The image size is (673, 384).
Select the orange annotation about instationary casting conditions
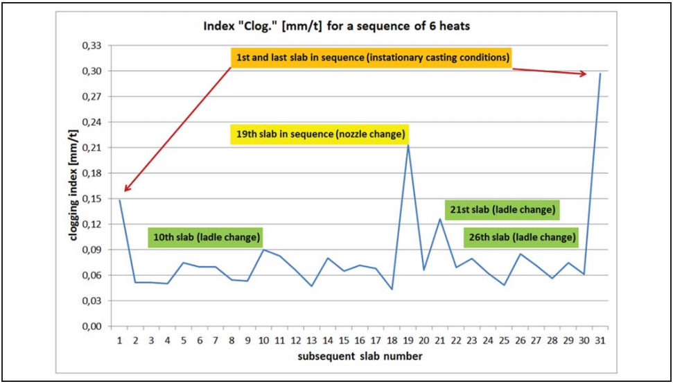(x=372, y=58)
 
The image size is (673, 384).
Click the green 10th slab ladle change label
(x=207, y=237)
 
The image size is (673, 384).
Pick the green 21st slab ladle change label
(x=502, y=209)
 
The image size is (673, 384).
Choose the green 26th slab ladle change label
(x=522, y=237)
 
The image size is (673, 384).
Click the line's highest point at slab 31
(x=600, y=73)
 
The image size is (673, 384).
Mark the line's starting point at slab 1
(x=120, y=200)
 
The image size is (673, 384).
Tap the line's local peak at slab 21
(x=439, y=219)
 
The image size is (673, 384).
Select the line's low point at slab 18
(x=392, y=289)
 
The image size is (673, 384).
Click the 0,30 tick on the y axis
(x=91, y=71)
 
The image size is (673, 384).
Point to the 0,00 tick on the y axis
(x=91, y=326)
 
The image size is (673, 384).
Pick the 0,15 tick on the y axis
(x=91, y=199)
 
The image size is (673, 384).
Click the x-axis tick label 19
(x=408, y=340)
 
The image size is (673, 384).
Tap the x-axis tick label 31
(x=600, y=340)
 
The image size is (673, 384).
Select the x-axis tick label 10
(x=263, y=340)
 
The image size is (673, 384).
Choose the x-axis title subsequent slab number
(x=358, y=356)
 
